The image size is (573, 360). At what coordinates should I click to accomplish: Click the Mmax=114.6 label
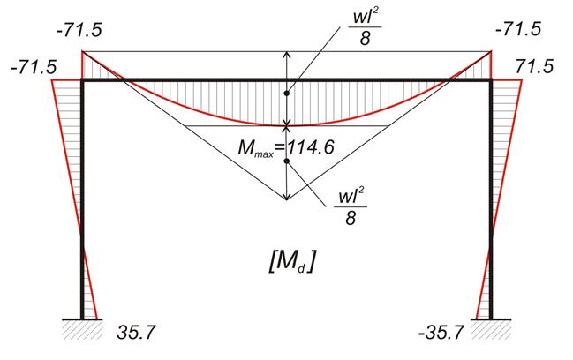[x=286, y=148]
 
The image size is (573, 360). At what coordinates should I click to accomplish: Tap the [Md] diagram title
[x=291, y=262]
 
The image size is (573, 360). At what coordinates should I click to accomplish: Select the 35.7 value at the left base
[x=136, y=333]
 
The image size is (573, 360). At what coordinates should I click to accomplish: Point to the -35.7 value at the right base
[x=441, y=333]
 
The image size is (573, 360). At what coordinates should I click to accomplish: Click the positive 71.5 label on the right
[x=534, y=67]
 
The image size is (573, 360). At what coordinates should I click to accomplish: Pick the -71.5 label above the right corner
[x=517, y=29]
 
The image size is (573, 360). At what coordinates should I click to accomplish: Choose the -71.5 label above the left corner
[x=79, y=30]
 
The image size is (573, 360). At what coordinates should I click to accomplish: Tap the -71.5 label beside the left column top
[x=34, y=68]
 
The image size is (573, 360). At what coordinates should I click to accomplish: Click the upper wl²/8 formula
[x=365, y=28]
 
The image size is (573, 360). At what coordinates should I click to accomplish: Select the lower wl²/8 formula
[x=351, y=207]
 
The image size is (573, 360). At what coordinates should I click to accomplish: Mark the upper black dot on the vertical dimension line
[x=287, y=94]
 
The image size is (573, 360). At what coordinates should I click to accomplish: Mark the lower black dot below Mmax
[x=287, y=161]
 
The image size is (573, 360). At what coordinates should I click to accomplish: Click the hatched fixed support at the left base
[x=82, y=329]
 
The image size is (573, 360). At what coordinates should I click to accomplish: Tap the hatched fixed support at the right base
[x=491, y=329]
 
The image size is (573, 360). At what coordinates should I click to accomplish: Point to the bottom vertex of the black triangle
[x=287, y=200]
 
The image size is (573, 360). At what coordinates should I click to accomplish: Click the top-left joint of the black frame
[x=82, y=79]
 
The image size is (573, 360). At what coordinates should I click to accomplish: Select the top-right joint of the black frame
[x=491, y=79]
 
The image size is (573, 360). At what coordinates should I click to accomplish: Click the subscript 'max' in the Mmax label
[x=263, y=154]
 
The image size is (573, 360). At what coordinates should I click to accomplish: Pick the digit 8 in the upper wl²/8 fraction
[x=365, y=39]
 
